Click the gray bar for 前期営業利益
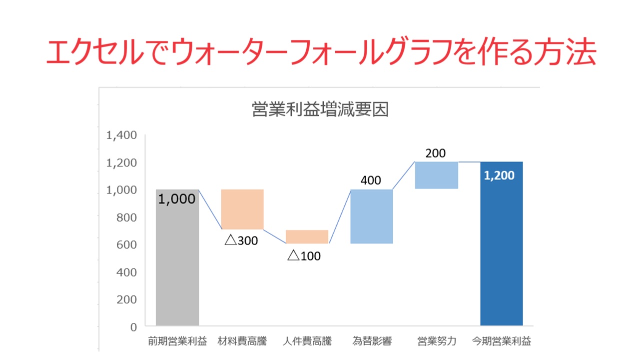pos(177,265)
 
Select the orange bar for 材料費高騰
pos(242,209)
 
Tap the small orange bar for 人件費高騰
pos(307,236)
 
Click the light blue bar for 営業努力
pos(436,175)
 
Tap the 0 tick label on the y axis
pos(133,327)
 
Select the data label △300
pos(241,240)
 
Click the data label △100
pos(304,256)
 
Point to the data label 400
pos(371,180)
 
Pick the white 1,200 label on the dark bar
pos(500,175)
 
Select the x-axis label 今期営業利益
pos(502,342)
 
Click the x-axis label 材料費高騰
pos(242,342)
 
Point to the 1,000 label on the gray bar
pos(177,199)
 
